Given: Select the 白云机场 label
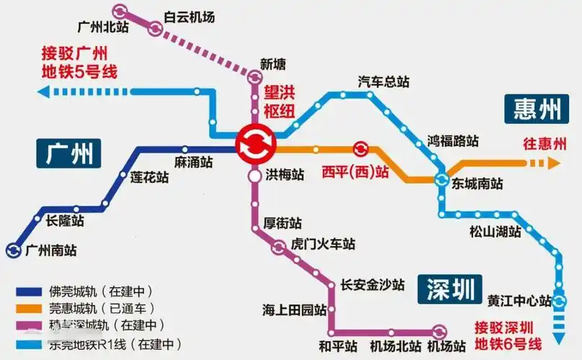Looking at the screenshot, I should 189,16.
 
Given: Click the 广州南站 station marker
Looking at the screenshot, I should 13,251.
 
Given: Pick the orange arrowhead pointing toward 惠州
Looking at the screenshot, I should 552,163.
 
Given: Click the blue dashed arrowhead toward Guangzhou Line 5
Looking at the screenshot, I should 43,91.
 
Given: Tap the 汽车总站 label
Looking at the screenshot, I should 383,82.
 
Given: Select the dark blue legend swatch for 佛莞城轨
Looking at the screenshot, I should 30,292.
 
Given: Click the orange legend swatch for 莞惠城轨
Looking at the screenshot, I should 30,309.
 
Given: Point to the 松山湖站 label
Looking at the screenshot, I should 495,232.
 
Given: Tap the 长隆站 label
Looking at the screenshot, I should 65,221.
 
